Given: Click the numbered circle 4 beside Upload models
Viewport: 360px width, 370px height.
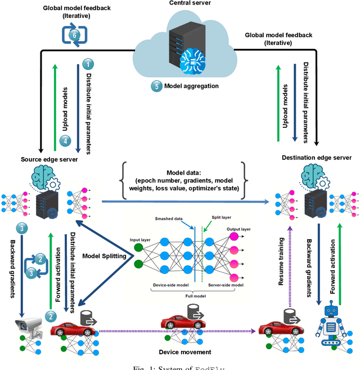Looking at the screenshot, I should [65, 141].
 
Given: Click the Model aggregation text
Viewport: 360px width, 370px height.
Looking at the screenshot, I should [191, 86].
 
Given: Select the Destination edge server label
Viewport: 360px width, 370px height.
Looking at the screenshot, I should [317, 157].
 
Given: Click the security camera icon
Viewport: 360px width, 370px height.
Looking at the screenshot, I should [26, 326].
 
